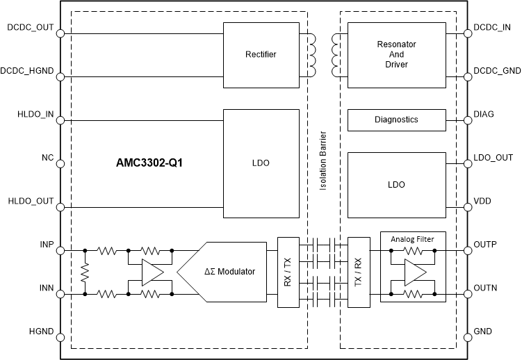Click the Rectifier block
tap(261, 54)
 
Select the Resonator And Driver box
tap(395, 54)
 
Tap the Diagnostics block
tap(395, 120)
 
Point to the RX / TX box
tap(287, 272)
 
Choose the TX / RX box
tap(359, 272)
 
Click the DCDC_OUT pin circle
tap(60, 33)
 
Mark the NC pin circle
tap(60, 163)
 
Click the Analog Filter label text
tap(413, 239)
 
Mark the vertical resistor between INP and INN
tap(85, 272)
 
